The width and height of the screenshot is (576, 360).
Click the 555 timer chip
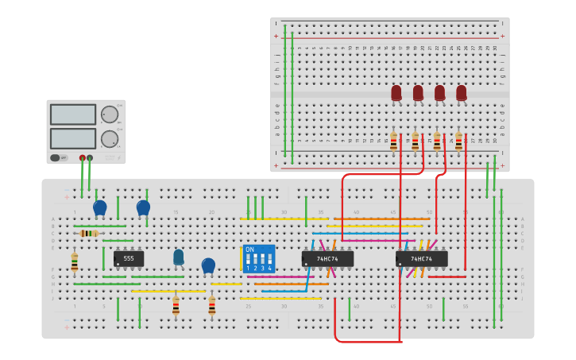click(x=129, y=259)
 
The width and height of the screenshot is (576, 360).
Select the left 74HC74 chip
click(x=327, y=259)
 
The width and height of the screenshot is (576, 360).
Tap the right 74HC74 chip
click(x=421, y=259)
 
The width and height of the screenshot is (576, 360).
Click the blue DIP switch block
click(x=259, y=259)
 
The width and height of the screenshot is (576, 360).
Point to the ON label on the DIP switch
click(x=250, y=250)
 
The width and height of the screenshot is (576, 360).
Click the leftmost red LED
click(x=396, y=93)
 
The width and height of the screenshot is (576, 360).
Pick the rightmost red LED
click(x=462, y=93)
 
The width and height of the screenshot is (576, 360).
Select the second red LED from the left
click(x=418, y=93)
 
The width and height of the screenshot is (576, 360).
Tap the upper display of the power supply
click(x=73, y=114)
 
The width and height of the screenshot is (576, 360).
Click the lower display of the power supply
click(x=73, y=138)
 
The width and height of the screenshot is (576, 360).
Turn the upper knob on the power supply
click(x=109, y=114)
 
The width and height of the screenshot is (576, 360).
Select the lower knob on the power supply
click(x=109, y=139)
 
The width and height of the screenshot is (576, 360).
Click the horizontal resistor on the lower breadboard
click(x=89, y=233)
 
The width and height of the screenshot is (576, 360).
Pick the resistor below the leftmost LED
click(x=393, y=141)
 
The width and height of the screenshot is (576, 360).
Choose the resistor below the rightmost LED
click(x=458, y=141)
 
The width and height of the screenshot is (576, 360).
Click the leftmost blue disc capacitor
click(x=100, y=207)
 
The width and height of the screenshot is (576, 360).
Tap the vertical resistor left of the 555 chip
click(x=75, y=261)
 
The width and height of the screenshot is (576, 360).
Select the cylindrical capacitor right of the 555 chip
click(x=179, y=257)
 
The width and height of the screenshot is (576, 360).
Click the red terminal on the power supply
click(x=82, y=157)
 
